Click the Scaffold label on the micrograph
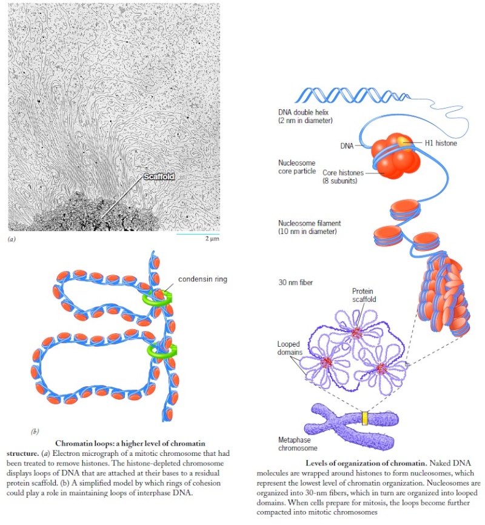[x=159, y=176]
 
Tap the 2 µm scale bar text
[x=212, y=238]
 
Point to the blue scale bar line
[x=198, y=234]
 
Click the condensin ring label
[x=202, y=279]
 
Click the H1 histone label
[x=441, y=143]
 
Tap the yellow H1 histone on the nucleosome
[x=404, y=144]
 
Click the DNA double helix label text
[x=305, y=116]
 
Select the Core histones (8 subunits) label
[x=343, y=176]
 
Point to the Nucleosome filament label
[x=309, y=227]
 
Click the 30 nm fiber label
[x=295, y=283]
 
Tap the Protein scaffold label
[x=364, y=295]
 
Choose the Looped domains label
[x=290, y=348]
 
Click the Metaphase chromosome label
[x=298, y=444]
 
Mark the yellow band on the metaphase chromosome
[x=365, y=418]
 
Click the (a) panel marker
[x=12, y=239]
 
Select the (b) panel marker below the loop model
[x=35, y=431]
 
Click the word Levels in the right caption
[x=316, y=463]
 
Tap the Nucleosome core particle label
[x=297, y=167]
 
